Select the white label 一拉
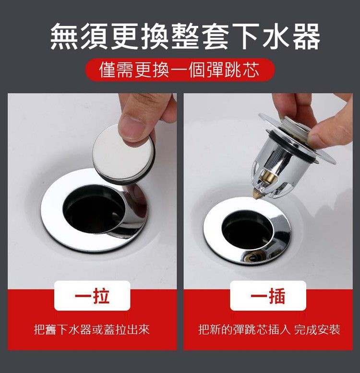[92, 296]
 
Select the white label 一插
[268, 296]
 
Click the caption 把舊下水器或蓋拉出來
[92, 330]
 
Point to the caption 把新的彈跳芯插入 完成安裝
[269, 330]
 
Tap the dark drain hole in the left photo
[91, 211]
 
